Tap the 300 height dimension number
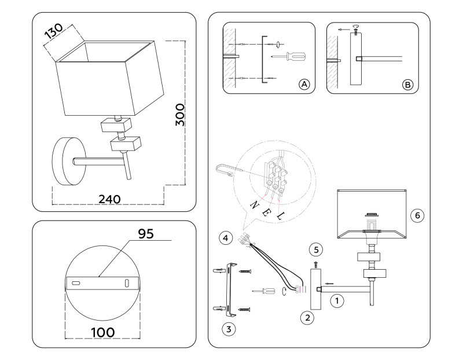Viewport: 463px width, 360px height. [180, 115]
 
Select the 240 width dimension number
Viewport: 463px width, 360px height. [109, 199]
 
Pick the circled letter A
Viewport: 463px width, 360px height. [304, 85]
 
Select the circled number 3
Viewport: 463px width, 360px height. [229, 329]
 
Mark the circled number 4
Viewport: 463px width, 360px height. [226, 237]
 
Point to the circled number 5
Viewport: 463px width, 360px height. [315, 250]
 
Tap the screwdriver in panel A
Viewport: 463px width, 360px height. [292, 56]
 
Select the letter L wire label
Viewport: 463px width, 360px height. [281, 216]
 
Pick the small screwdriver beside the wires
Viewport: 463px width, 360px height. [264, 290]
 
